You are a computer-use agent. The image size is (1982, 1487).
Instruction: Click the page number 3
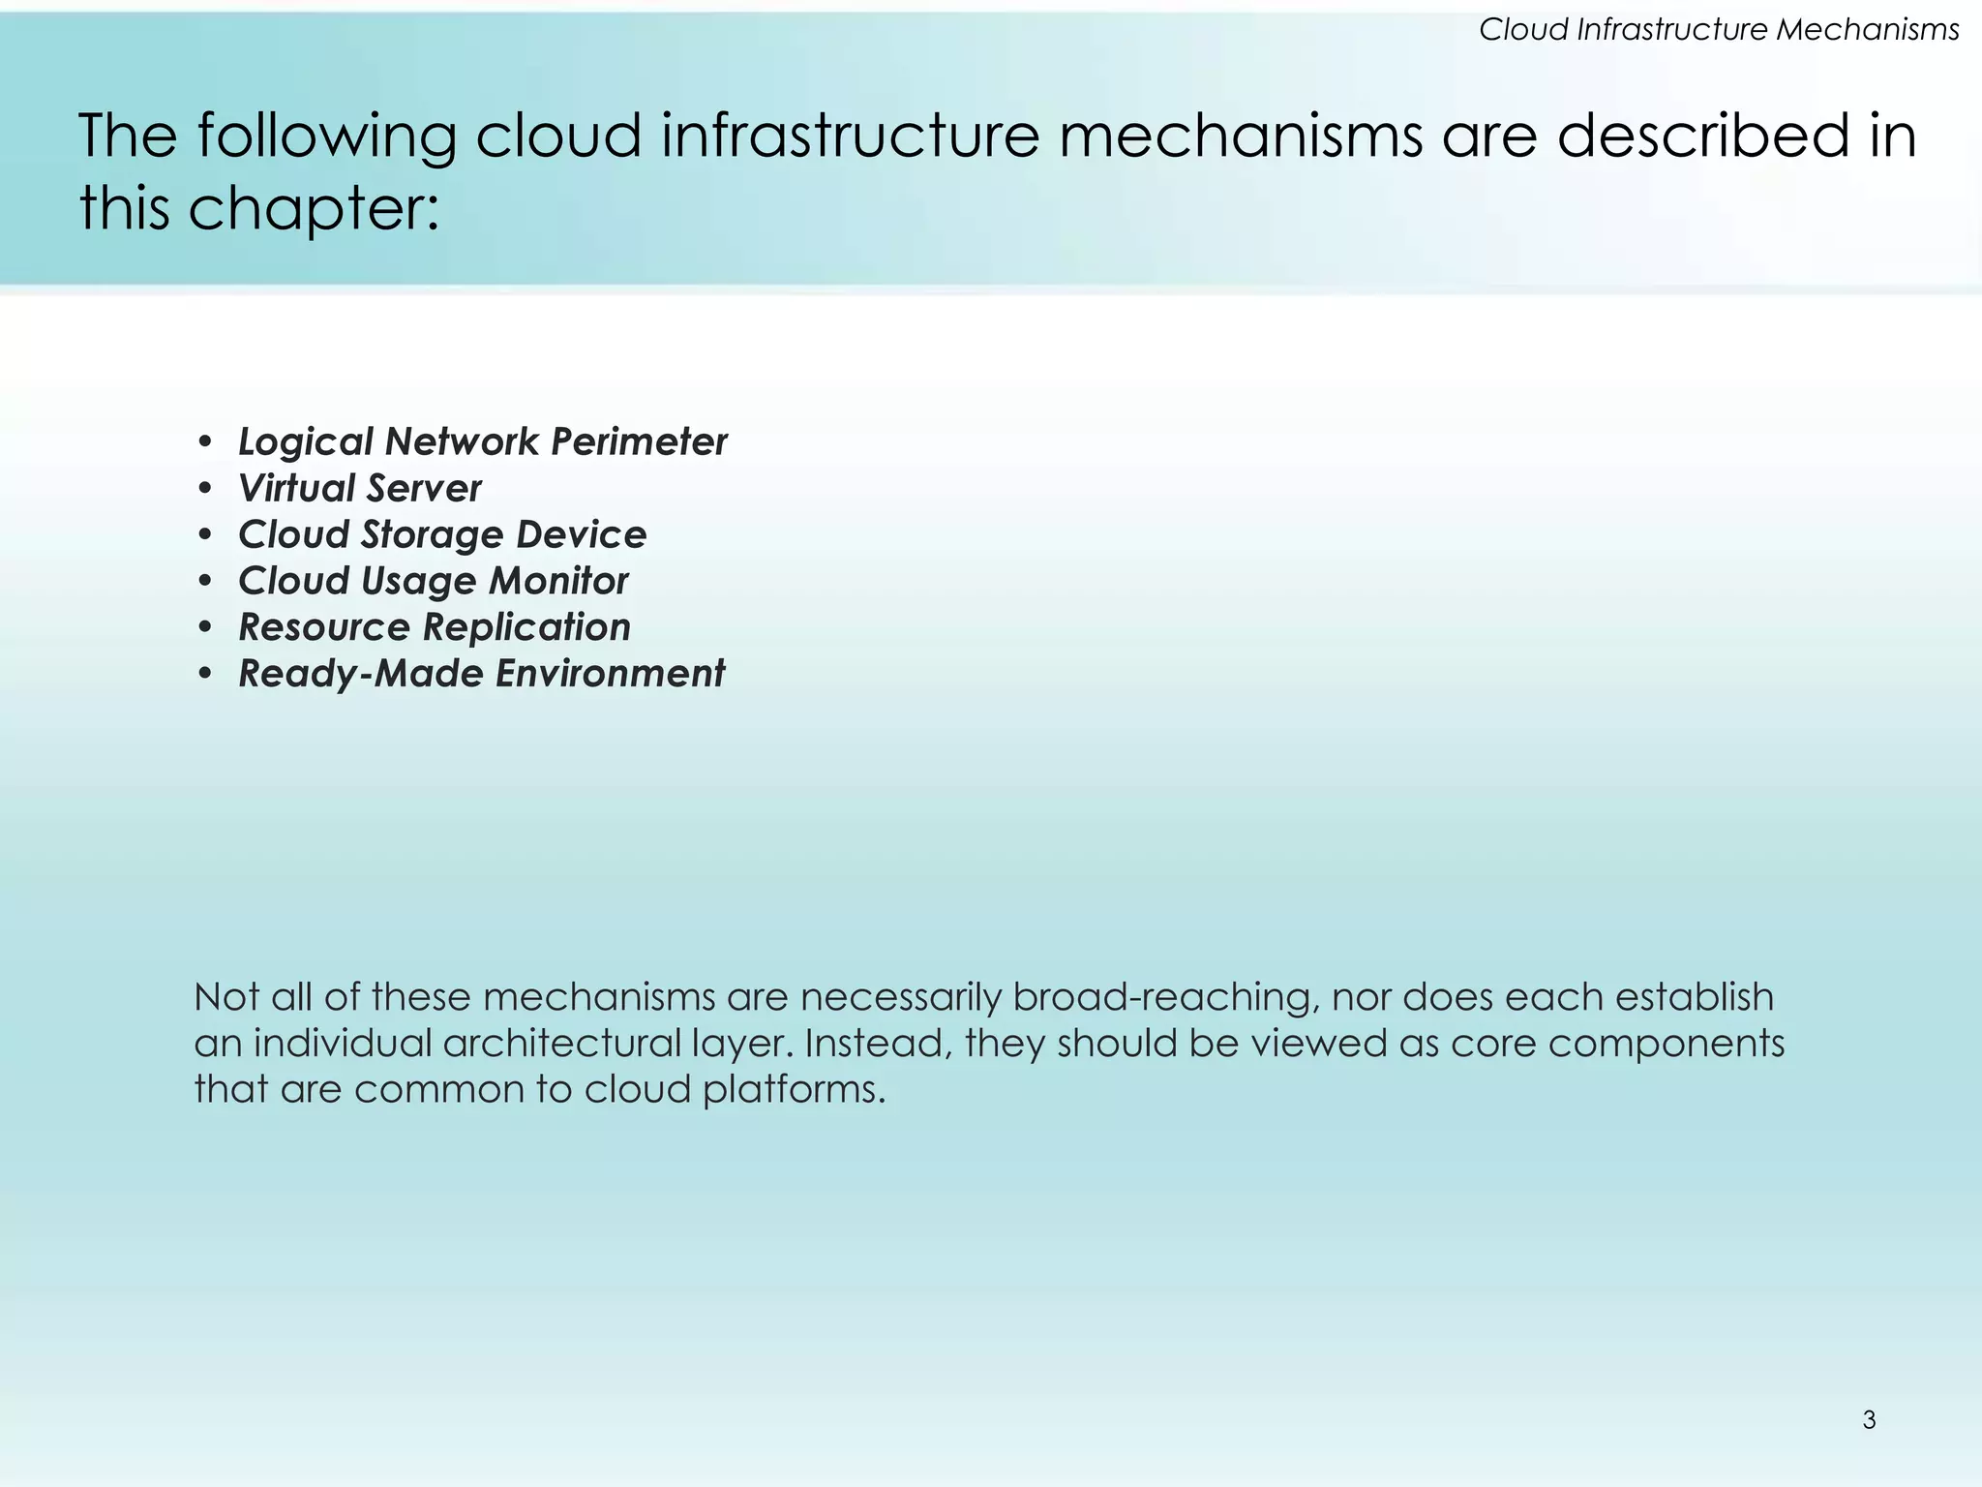coord(1869,1420)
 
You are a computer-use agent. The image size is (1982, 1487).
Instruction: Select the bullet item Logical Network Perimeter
coord(482,442)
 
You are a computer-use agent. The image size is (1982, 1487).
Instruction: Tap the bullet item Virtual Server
coord(359,489)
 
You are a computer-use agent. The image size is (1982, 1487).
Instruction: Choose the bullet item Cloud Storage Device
coord(441,535)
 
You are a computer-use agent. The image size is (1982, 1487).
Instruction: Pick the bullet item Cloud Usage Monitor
coord(433,582)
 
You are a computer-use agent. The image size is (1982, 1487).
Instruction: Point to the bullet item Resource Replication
coord(435,628)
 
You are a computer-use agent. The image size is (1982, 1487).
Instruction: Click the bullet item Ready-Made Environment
coord(481,674)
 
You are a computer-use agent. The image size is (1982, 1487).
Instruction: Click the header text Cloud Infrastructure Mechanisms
coord(1719,30)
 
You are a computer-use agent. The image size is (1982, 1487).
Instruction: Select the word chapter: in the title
coord(314,208)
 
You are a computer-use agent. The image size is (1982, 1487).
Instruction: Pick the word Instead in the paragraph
coord(877,1044)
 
